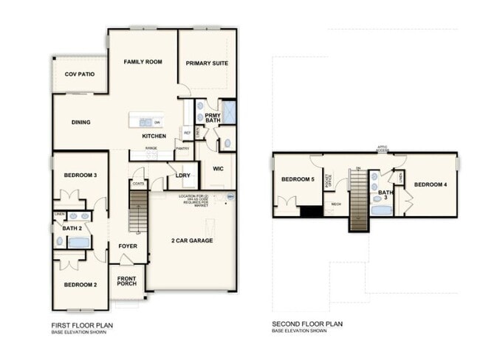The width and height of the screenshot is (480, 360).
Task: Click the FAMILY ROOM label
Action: click(143, 62)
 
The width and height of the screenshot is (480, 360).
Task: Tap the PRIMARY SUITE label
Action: click(207, 63)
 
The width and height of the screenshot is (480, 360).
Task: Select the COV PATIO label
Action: click(79, 75)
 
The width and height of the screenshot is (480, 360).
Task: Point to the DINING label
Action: click(80, 122)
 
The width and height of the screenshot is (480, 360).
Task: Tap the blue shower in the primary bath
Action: click(228, 113)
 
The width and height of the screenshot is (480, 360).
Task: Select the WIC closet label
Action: click(218, 169)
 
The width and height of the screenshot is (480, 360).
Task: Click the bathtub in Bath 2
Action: click(79, 243)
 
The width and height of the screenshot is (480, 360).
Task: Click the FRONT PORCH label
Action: click(126, 281)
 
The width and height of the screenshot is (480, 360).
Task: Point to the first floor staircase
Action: click(139, 210)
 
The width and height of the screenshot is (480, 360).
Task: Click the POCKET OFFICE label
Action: click(329, 179)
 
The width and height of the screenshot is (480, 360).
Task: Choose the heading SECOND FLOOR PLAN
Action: click(307, 324)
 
